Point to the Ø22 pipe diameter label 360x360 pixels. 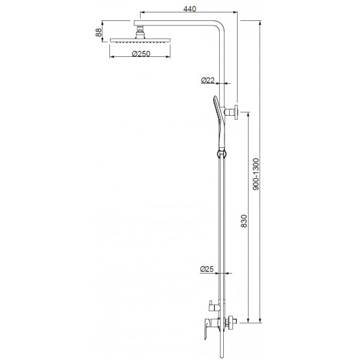click(x=208, y=81)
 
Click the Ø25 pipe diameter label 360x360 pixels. click(x=208, y=268)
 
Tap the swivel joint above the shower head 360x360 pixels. click(x=139, y=31)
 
